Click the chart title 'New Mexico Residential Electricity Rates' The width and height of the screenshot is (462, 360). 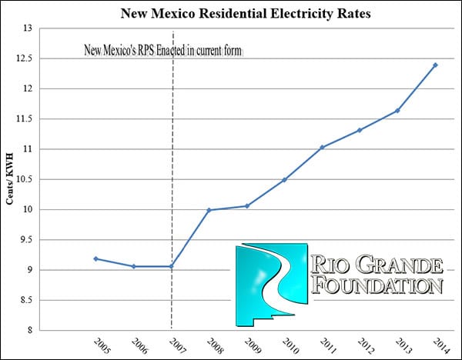pyautogui.click(x=231, y=13)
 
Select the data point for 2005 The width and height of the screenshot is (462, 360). pyautogui.click(x=95, y=258)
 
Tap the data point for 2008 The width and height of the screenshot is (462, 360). pyautogui.click(x=209, y=210)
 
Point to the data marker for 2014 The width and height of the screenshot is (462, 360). pyautogui.click(x=435, y=65)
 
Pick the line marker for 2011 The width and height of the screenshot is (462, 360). pyautogui.click(x=322, y=147)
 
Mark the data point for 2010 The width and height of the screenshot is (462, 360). pyautogui.click(x=284, y=180)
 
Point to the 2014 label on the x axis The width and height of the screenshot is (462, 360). pyautogui.click(x=442, y=346)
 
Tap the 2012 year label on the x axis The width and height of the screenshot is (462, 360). pyautogui.click(x=367, y=346)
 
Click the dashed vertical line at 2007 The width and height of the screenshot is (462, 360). pyautogui.click(x=171, y=154)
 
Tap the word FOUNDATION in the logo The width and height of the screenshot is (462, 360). pyautogui.click(x=380, y=286)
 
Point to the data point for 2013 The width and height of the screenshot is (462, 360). pyautogui.click(x=397, y=111)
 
